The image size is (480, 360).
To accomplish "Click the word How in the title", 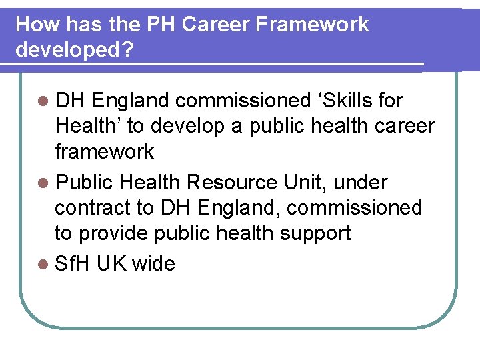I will pos(33,25).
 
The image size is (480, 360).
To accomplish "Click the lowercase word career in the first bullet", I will pos(401,126).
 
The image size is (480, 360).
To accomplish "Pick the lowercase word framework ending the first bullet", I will pos(104,152).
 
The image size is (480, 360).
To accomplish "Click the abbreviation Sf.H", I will pos(73,264).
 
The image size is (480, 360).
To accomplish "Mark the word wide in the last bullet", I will pos(153,264).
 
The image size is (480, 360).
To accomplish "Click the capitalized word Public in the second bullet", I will pos(84,182).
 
